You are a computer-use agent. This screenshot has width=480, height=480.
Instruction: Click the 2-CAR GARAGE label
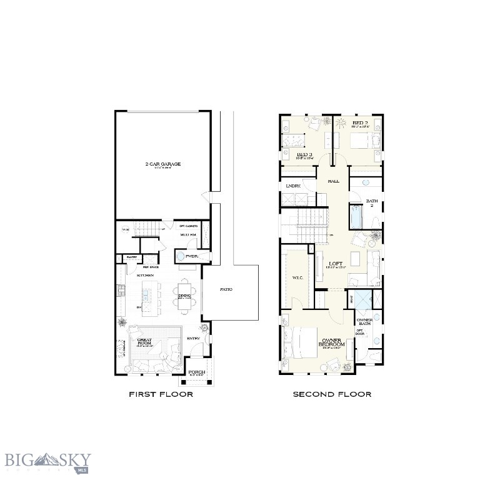click(x=163, y=164)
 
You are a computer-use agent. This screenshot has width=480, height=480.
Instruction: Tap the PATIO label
click(x=226, y=289)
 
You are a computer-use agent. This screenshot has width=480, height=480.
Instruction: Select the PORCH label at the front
click(x=197, y=372)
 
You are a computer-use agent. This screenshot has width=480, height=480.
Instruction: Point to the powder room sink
click(x=181, y=257)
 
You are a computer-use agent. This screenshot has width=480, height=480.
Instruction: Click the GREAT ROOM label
click(x=145, y=341)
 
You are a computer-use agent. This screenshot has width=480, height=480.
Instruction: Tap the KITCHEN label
click(x=146, y=275)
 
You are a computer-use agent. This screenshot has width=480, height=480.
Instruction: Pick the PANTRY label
click(x=131, y=257)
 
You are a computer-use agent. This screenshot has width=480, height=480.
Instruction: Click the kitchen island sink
click(x=147, y=292)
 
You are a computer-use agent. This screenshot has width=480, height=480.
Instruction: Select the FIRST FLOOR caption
click(x=161, y=394)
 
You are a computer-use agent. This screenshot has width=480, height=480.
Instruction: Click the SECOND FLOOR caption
click(x=332, y=394)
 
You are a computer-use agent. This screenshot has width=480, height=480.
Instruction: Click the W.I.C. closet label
click(x=297, y=277)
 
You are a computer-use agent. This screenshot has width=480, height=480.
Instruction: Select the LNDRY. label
click(x=293, y=186)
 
